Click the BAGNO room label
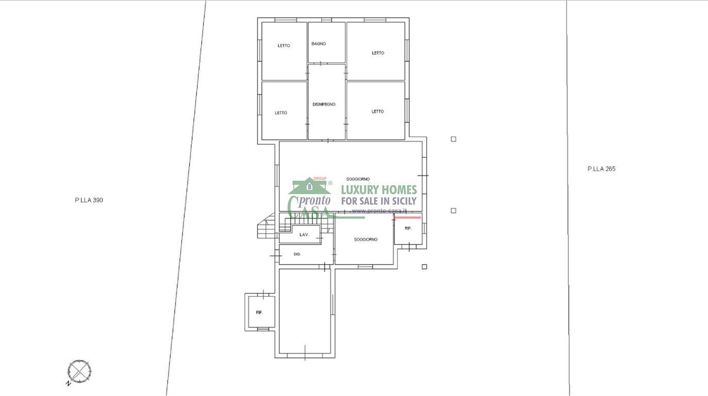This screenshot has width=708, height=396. point(318,44)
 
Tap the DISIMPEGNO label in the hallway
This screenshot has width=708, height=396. point(324,104)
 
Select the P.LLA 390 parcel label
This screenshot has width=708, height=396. point(89,200)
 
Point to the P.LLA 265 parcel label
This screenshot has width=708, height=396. point(601,169)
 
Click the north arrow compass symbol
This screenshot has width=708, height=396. point(79,371)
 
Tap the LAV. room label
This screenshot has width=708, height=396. point(304,235)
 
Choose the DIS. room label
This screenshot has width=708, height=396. point(297,254)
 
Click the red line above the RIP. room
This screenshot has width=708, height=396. point(407,218)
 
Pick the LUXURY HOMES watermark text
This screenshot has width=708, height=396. point(379,190)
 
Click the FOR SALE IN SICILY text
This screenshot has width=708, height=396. point(379,201)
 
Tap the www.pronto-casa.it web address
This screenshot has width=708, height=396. point(379,211)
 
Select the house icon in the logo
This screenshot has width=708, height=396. point(310,186)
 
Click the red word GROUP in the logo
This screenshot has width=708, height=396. point(319,179)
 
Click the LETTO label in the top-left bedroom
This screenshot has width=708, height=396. point(284,45)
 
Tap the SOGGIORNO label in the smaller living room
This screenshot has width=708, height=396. point(366,240)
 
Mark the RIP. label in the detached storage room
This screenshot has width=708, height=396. point(260,312)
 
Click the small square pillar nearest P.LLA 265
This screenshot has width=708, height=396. point(453,139)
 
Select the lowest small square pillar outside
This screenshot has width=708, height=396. point(425,267)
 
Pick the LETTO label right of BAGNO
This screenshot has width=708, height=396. point(378,53)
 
